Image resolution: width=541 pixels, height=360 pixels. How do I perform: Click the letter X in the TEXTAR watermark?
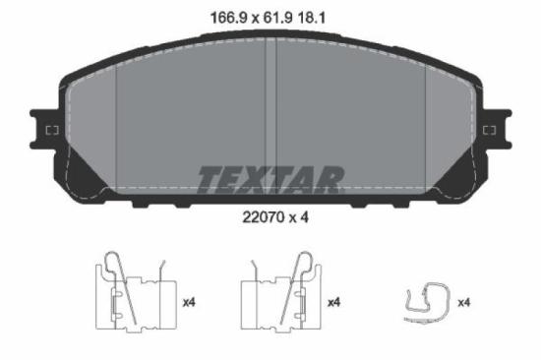[258, 179]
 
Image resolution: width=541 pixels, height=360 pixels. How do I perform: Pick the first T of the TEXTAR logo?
[210, 179]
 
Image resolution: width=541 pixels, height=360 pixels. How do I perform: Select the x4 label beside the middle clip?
[333, 302]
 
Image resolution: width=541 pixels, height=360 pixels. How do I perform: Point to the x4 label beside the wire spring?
[464, 302]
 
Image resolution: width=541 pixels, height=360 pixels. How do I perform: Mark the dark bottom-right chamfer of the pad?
[453, 178]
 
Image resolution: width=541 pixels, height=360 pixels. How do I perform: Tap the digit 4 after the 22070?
[306, 218]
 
